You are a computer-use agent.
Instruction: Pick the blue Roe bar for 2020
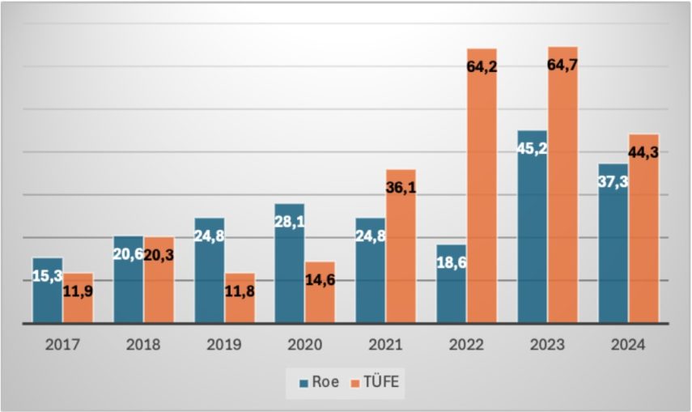[x=289, y=275]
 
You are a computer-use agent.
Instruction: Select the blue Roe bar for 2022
[x=451, y=295]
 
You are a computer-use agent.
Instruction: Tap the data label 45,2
[x=532, y=148]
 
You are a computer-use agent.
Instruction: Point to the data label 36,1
[x=401, y=188]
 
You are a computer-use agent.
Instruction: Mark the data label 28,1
[x=289, y=221]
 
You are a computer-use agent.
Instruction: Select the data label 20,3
[x=159, y=255]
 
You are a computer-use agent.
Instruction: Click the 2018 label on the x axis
[x=143, y=345]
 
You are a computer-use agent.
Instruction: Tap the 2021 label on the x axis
[x=386, y=345]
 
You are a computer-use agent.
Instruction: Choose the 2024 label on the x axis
[x=629, y=345]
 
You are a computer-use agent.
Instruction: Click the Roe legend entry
[x=319, y=382]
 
